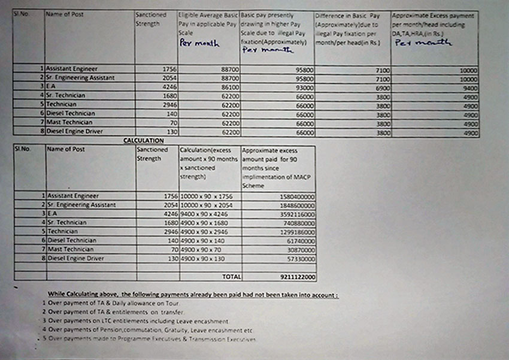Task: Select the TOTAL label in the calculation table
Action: pyautogui.click(x=232, y=277)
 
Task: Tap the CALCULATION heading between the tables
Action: pyautogui.click(x=143, y=140)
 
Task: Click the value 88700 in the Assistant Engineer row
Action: pyautogui.click(x=227, y=69)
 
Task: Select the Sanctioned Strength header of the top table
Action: pyautogui.click(x=152, y=19)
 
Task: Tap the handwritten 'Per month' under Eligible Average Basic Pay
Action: pyautogui.click(x=199, y=44)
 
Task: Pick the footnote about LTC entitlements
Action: pyautogui.click(x=138, y=321)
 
